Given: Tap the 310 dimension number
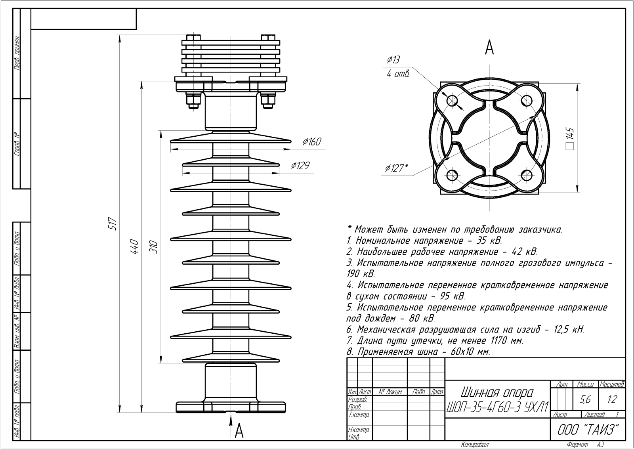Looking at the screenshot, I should pos(155,246).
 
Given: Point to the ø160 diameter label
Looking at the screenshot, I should pos(311,142).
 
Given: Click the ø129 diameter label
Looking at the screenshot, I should pos(300,166).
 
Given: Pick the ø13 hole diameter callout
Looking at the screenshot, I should pos(393,60).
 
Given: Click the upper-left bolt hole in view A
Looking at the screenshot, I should pos(452,100).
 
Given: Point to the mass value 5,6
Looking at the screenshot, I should pos(585,400).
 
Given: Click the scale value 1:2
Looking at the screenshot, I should pos(612,400).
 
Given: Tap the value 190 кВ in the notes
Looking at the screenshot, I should pos(360,274).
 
